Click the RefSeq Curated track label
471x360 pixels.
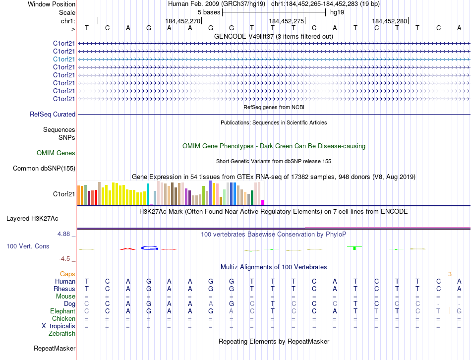53,114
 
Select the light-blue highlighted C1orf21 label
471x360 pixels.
64,59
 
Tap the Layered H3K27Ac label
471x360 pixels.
32,218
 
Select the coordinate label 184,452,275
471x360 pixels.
286,21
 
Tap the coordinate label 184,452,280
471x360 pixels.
389,21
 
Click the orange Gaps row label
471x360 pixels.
67,274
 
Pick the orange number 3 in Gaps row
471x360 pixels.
450,274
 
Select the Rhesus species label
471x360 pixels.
65,289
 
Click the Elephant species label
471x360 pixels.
63,311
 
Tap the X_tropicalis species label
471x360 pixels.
59,326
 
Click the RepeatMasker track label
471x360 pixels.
54,349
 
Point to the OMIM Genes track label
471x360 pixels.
56,153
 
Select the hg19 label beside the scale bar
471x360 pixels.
337,12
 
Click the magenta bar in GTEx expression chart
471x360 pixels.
262,202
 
